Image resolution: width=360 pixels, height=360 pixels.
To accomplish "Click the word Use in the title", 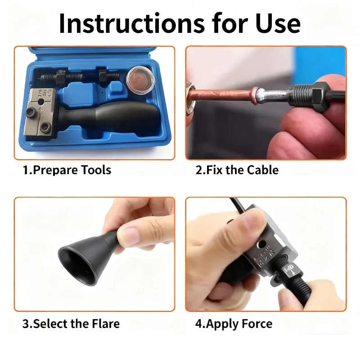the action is (278, 23).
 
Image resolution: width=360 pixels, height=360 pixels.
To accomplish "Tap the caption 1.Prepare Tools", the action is (67, 170).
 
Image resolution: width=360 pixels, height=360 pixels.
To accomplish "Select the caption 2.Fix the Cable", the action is (237, 170).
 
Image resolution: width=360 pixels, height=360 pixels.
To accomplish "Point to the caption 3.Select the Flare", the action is (71, 324).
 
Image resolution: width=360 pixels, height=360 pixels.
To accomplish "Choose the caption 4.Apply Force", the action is (234, 324).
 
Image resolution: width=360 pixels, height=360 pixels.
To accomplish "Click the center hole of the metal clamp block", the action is (40, 102).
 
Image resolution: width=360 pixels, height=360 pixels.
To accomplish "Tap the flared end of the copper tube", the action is (255, 95).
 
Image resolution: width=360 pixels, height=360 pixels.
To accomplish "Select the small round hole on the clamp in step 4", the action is (261, 244).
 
